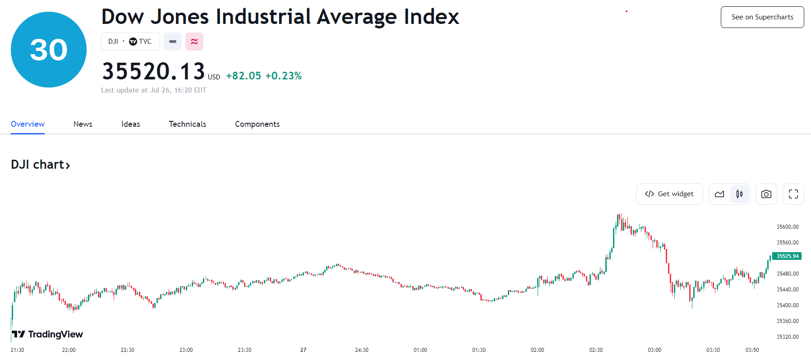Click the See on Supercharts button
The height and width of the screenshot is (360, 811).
[762, 17]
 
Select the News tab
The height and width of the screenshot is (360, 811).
[83, 124]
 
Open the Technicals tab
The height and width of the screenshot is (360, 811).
[188, 124]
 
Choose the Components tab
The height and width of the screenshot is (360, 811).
[257, 124]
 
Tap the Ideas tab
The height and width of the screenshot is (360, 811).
[131, 124]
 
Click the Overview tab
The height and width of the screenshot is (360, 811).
[28, 124]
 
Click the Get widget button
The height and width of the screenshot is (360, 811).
[669, 194]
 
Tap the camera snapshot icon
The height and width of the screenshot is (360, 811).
[766, 194]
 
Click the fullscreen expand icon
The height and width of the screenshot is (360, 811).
[793, 194]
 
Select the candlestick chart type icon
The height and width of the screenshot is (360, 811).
[739, 194]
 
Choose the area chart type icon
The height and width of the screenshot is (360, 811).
[719, 194]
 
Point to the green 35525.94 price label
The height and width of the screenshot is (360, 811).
[787, 256]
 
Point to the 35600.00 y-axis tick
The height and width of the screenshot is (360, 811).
[787, 227]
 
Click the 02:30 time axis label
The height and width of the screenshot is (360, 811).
[596, 350]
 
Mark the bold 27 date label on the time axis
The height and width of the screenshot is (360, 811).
[303, 350]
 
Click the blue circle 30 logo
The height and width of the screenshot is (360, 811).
[49, 50]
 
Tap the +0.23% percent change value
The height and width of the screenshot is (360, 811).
[283, 76]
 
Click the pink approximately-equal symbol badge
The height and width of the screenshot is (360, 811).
[194, 42]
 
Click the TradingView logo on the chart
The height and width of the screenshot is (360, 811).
[47, 334]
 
